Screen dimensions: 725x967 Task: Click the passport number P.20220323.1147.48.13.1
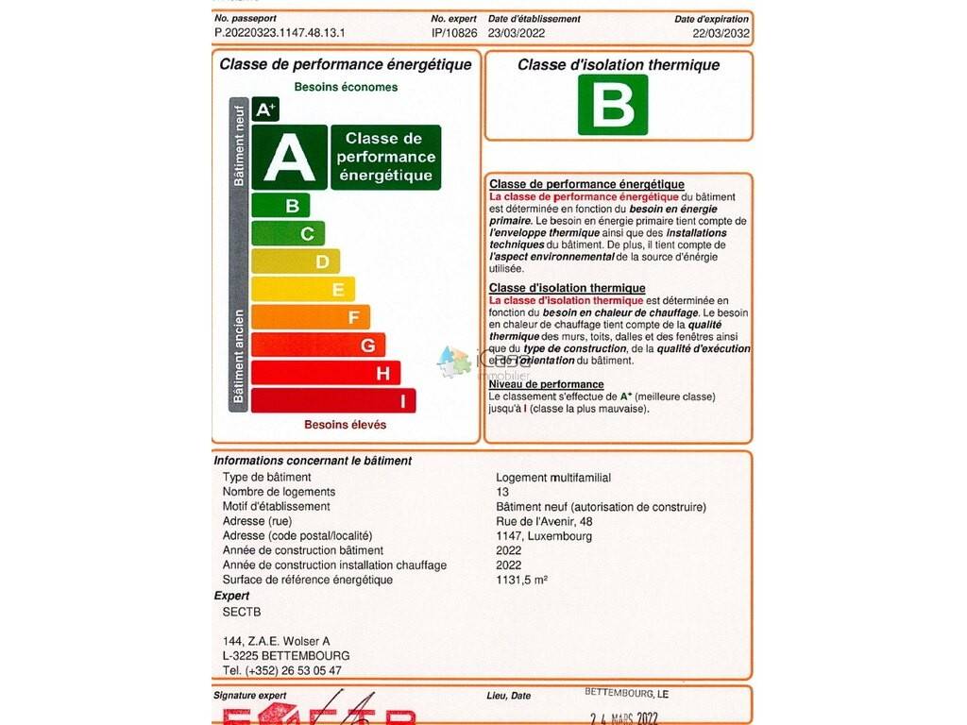pyautogui.click(x=280, y=32)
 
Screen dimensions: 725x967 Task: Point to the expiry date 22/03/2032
pyautogui.click(x=721, y=32)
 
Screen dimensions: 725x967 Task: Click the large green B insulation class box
pyautogui.click(x=613, y=105)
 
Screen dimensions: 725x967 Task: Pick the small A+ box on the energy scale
pyautogui.click(x=265, y=110)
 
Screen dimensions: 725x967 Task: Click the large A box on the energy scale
pyautogui.click(x=289, y=158)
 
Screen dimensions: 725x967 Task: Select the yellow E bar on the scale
pyautogui.click(x=303, y=290)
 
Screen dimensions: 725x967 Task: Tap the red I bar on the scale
pyautogui.click(x=333, y=401)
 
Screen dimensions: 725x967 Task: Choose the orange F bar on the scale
pyautogui.click(x=311, y=317)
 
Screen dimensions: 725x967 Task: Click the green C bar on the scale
pyautogui.click(x=288, y=234)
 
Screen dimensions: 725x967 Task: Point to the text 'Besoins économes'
pyautogui.click(x=346, y=87)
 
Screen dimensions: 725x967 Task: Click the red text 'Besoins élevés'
pyautogui.click(x=345, y=425)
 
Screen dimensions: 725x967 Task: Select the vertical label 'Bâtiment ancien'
pyautogui.click(x=239, y=357)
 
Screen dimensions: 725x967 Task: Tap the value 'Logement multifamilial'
pyautogui.click(x=553, y=477)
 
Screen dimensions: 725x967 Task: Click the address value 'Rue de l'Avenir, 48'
pyautogui.click(x=544, y=521)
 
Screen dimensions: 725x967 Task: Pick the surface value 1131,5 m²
pyautogui.click(x=522, y=580)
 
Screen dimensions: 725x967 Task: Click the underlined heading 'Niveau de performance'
pyautogui.click(x=546, y=384)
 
